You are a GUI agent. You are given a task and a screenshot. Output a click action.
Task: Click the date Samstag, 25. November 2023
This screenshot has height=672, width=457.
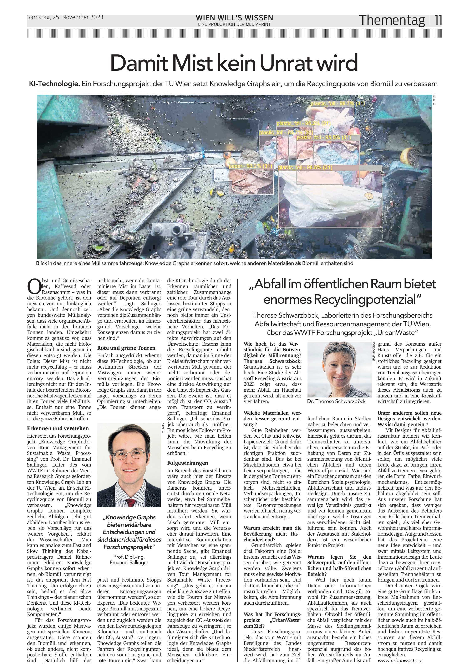point(65,17)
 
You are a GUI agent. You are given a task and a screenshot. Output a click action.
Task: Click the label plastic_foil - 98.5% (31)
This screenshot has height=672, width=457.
point(305,167)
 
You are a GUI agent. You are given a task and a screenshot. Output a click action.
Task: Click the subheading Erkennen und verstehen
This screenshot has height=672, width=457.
point(58,428)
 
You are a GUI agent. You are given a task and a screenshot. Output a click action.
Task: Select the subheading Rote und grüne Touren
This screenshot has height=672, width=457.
point(126,348)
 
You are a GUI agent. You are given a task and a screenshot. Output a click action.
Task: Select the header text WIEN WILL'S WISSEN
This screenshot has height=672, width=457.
point(234,18)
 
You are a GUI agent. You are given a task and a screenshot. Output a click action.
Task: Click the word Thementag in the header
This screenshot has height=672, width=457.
point(392,20)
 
